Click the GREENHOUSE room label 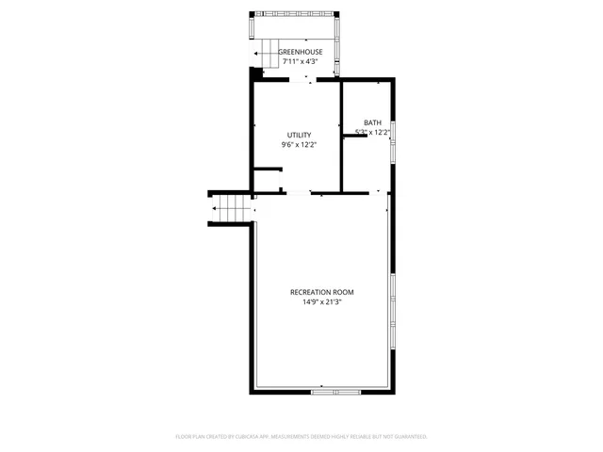[x=300, y=52]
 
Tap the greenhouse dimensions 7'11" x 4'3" [x=300, y=62]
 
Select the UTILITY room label [x=299, y=136]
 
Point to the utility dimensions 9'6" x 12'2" [x=299, y=146]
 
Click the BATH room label [x=373, y=122]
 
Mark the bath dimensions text [x=373, y=133]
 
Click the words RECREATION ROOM [x=321, y=292]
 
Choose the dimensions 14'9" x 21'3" [x=321, y=302]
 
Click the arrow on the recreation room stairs [x=219, y=208]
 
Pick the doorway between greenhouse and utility [x=302, y=81]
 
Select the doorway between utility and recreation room [x=298, y=193]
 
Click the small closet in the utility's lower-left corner [x=267, y=180]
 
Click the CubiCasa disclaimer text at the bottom [x=301, y=436]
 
